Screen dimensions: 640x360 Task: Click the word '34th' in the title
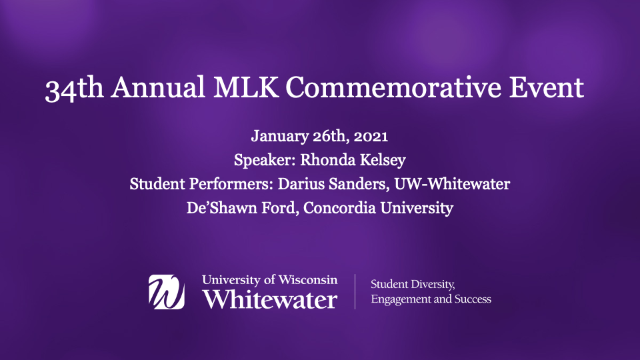[x=74, y=88]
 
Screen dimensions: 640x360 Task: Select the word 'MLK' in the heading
[x=246, y=87]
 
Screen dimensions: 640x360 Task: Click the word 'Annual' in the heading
[x=159, y=87]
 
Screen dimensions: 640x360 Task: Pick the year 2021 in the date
[x=371, y=136]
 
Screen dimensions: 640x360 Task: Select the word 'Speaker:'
[x=265, y=160]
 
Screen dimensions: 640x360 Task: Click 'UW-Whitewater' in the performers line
[x=452, y=184]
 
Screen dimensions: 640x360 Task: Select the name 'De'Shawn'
[x=221, y=208]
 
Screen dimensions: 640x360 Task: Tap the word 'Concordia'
[x=339, y=208]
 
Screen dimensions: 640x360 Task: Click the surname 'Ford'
[x=281, y=208]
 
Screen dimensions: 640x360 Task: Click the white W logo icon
[x=167, y=292]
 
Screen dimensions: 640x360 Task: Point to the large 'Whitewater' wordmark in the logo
[x=270, y=299]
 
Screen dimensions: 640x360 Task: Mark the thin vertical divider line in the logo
[x=355, y=291]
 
